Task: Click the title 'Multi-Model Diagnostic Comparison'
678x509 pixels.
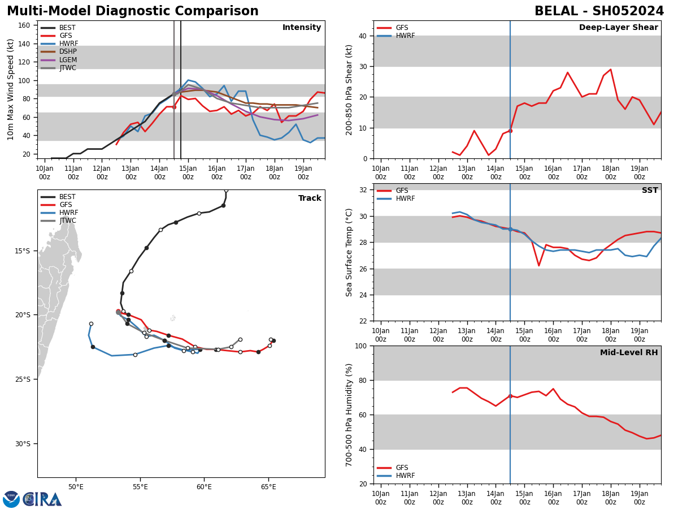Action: coord(133,11)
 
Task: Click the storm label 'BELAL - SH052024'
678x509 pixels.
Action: coord(599,11)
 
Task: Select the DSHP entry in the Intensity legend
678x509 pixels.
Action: coord(68,52)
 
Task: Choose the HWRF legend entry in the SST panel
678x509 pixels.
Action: coord(405,199)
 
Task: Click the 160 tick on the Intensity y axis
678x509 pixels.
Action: coord(27,25)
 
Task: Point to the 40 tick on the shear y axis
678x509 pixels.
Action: coord(363,36)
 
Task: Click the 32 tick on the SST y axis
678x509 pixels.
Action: coord(363,190)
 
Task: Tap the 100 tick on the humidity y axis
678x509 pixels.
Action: coord(360,346)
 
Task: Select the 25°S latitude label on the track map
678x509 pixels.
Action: coord(22,379)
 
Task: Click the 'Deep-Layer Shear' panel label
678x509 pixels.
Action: coord(618,28)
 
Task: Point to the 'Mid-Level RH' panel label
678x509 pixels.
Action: coord(629,353)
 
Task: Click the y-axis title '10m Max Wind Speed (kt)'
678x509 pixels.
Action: coord(11,89)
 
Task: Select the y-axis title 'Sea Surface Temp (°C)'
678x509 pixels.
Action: coord(349,252)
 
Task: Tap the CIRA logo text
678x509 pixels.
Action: coord(42,499)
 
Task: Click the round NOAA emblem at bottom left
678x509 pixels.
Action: coord(11,499)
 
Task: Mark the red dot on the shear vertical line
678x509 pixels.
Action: coord(510,131)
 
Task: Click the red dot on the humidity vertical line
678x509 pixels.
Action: coord(510,396)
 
